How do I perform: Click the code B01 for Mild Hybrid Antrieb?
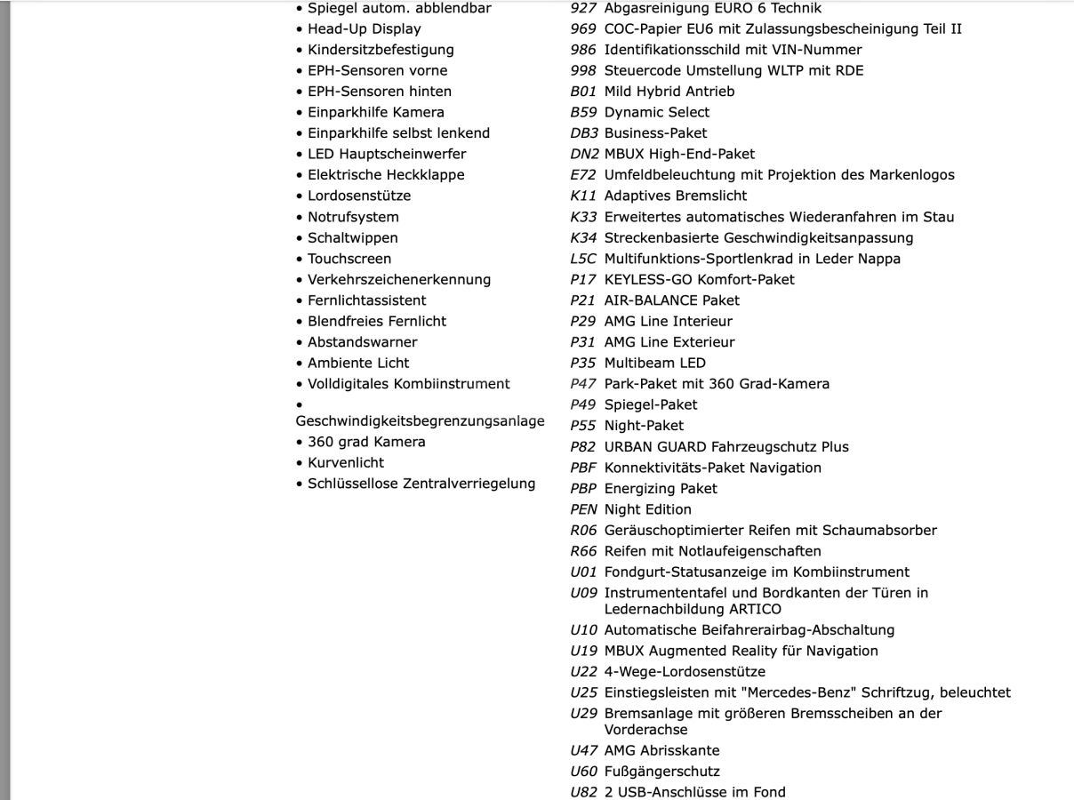583,92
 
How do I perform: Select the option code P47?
583,384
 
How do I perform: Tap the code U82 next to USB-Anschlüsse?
583,792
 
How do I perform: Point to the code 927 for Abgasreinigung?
583,8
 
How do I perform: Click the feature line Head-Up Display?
365,28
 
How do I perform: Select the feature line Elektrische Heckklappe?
386,175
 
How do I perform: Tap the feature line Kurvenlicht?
346,463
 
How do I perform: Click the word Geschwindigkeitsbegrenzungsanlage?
420,421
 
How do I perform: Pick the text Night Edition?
647,509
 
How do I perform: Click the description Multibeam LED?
654,363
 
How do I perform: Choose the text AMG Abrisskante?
661,750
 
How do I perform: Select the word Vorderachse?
645,730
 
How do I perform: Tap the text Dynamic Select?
656,112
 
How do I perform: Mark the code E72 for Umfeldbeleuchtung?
583,175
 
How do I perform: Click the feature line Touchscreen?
349,259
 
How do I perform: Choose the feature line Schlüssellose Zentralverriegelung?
421,484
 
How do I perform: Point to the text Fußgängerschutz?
661,772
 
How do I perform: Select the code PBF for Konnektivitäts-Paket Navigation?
583,468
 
